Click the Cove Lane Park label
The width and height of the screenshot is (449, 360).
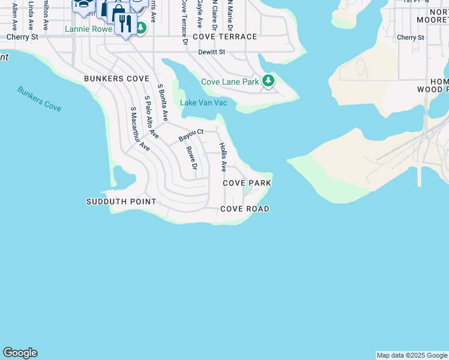[230, 82]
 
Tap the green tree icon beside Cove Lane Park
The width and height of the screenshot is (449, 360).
[268, 81]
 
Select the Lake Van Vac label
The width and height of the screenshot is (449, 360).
[204, 103]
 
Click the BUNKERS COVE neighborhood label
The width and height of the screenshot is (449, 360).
[117, 79]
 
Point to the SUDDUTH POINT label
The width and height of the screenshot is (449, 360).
[121, 202]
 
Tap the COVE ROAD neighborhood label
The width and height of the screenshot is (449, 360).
[245, 209]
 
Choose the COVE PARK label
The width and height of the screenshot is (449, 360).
[247, 182]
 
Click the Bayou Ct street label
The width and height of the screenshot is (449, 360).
[191, 136]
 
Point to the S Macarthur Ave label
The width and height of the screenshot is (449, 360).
[140, 128]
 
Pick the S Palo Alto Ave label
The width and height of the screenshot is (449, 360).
[151, 118]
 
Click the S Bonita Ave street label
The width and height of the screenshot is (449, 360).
[162, 104]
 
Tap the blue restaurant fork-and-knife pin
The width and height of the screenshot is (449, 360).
[125, 25]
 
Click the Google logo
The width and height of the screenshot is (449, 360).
[20, 353]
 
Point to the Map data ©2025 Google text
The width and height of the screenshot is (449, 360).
[412, 355]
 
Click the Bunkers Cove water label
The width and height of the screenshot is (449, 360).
[40, 99]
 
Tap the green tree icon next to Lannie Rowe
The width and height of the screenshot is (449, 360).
[140, 28]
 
